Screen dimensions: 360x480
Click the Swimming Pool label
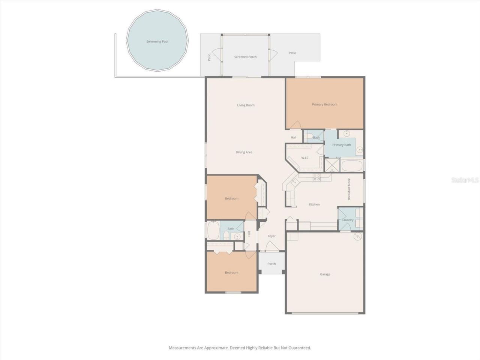pyautogui.click(x=157, y=42)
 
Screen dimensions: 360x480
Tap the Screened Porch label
pyautogui.click(x=245, y=57)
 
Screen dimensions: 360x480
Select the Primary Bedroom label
pyautogui.click(x=324, y=105)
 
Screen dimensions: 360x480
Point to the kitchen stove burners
pyautogui.click(x=317, y=177)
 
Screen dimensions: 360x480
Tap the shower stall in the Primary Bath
pyautogui.click(x=331, y=165)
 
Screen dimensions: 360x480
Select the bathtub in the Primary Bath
pyautogui.click(x=352, y=165)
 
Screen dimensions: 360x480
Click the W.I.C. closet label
pyautogui.click(x=305, y=158)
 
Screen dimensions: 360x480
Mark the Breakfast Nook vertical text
pyautogui.click(x=349, y=189)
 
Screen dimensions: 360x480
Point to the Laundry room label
pyautogui.click(x=348, y=220)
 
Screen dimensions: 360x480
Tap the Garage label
pyautogui.click(x=325, y=274)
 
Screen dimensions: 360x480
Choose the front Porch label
pyautogui.click(x=271, y=264)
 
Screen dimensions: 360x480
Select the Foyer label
pyautogui.click(x=271, y=236)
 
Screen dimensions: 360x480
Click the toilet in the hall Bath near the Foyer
pyautogui.click(x=226, y=236)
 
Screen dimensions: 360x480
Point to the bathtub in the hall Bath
pyautogui.click(x=213, y=230)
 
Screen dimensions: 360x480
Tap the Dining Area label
pyautogui.click(x=244, y=152)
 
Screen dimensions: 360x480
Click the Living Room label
pyautogui.click(x=246, y=105)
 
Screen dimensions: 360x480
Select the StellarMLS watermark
pyautogui.click(x=465, y=180)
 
